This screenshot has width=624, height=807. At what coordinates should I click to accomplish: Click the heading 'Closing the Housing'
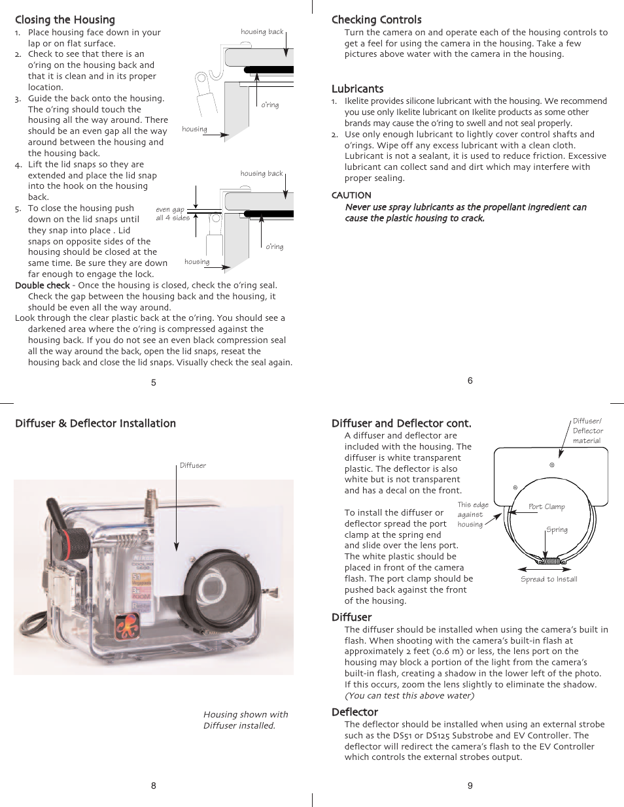click(x=65, y=20)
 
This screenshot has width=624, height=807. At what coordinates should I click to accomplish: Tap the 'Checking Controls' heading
click(x=376, y=20)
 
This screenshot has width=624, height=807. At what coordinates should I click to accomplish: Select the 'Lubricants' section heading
click(x=357, y=89)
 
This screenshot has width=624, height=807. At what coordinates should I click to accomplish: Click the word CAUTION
click(x=351, y=195)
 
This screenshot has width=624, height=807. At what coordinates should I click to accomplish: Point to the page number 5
click(x=154, y=383)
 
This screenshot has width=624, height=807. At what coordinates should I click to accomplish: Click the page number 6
click(x=470, y=380)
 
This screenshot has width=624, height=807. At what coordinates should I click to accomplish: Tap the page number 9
click(x=470, y=785)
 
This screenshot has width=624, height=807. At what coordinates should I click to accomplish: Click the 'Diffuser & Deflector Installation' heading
click(x=95, y=423)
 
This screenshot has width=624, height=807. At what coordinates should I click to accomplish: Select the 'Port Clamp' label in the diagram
click(x=546, y=506)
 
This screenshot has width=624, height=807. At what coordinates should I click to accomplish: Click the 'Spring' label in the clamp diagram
click(x=557, y=530)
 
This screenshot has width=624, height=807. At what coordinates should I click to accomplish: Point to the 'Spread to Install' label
click(x=549, y=579)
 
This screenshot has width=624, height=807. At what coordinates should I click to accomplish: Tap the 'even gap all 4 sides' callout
click(x=172, y=214)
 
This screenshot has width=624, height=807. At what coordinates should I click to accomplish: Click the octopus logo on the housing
click(x=128, y=627)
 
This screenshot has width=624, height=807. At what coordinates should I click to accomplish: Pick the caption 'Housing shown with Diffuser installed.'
click(x=245, y=719)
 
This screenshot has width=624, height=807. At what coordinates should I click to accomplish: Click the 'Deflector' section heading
click(x=355, y=712)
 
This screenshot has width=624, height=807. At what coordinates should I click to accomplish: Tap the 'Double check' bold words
click(x=43, y=286)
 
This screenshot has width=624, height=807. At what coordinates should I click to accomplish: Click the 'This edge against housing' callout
click(x=472, y=514)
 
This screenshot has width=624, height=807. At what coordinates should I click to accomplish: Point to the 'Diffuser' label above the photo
click(x=192, y=466)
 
